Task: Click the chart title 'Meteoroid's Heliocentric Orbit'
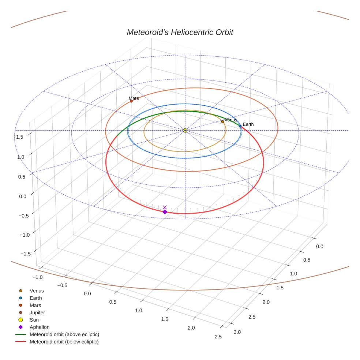tap(180, 32)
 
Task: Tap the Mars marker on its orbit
tap(131, 101)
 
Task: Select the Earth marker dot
tap(240, 126)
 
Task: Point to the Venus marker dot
tap(222, 121)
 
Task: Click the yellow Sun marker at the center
tap(185, 130)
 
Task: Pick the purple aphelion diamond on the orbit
tap(165, 212)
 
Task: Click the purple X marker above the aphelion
tap(165, 207)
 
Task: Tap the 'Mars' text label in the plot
tap(134, 98)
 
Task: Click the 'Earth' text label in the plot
tap(248, 124)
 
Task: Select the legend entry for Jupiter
tap(37, 312)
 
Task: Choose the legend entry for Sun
tap(34, 320)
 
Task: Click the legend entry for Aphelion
tap(40, 327)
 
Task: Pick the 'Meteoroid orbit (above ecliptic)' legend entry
tap(64, 334)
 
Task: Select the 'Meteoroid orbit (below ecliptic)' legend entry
tap(64, 342)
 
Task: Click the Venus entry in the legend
tap(37, 291)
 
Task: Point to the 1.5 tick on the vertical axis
tap(20, 137)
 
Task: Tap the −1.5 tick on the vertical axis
tap(25, 254)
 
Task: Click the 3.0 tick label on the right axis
tap(237, 332)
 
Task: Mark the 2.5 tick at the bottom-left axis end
tap(218, 337)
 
